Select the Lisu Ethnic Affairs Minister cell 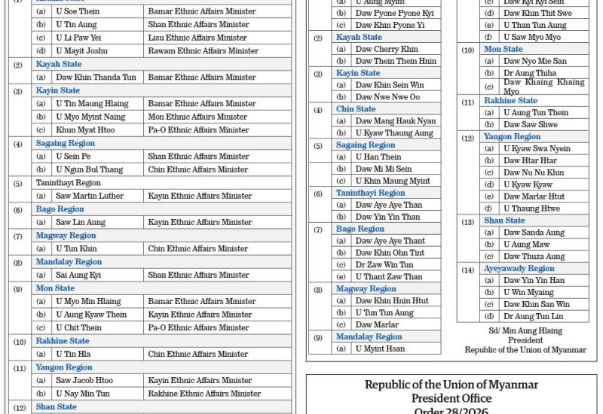pos(197,38)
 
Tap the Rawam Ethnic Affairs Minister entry pos(203,51)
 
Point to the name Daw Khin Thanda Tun pos(96,78)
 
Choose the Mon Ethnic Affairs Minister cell pos(197,117)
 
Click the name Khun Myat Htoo pos(85,130)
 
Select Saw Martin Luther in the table pos(90,196)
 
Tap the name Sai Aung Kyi pos(78,275)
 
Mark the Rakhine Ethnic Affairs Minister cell pos(204,394)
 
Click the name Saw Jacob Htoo pos(84,380)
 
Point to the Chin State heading pos(356,109)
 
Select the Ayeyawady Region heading pos(519,268)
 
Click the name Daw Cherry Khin pos(387,49)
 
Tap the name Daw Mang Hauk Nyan pos(396,121)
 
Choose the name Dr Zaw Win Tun pos(384,265)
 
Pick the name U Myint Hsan pos(380,349)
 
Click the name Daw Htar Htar pos(530,160)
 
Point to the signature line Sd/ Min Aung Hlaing pos(525,330)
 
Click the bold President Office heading pos(451,398)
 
